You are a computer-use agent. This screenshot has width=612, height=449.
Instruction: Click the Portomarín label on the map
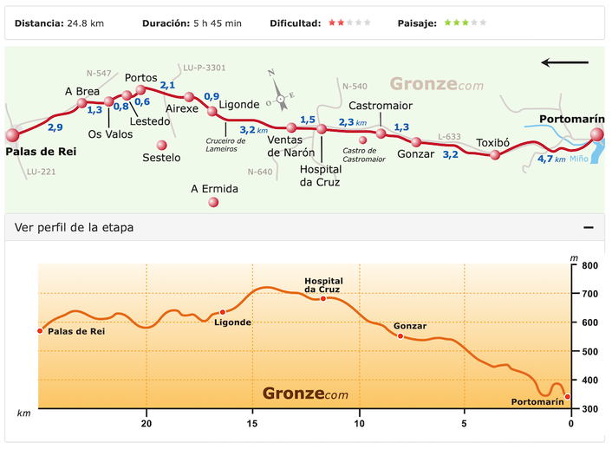[x=567, y=119]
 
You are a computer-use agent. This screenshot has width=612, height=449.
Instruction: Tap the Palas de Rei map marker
[x=12, y=135]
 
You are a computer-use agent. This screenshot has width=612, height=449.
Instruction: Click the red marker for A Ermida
[x=213, y=202]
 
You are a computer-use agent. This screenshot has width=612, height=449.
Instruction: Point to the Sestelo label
[x=161, y=158]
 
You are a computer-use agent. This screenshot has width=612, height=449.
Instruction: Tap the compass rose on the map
[x=280, y=96]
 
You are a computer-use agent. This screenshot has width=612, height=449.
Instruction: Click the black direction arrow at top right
[x=564, y=62]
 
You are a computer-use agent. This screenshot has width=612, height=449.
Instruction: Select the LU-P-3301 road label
[x=205, y=68]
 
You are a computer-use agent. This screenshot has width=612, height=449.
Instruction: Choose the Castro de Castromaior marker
[x=363, y=140]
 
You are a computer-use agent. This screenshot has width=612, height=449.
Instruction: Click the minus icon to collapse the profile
[x=589, y=227]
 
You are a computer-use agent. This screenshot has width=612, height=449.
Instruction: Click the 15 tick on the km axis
[x=252, y=424]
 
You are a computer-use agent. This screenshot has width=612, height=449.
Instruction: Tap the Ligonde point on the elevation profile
[x=223, y=312]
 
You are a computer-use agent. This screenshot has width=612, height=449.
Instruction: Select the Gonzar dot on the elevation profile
[x=400, y=335]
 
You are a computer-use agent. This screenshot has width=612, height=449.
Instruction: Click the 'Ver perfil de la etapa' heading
[x=75, y=227]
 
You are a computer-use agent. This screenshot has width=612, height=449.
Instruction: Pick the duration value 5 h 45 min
[x=216, y=23]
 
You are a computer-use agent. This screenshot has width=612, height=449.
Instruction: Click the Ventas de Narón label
[x=286, y=146]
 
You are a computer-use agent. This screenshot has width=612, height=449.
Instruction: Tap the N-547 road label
[x=99, y=74]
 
